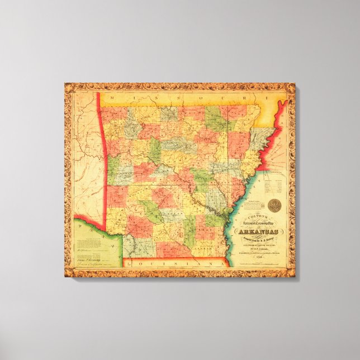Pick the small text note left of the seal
pyautogui.click(x=254, y=204)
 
